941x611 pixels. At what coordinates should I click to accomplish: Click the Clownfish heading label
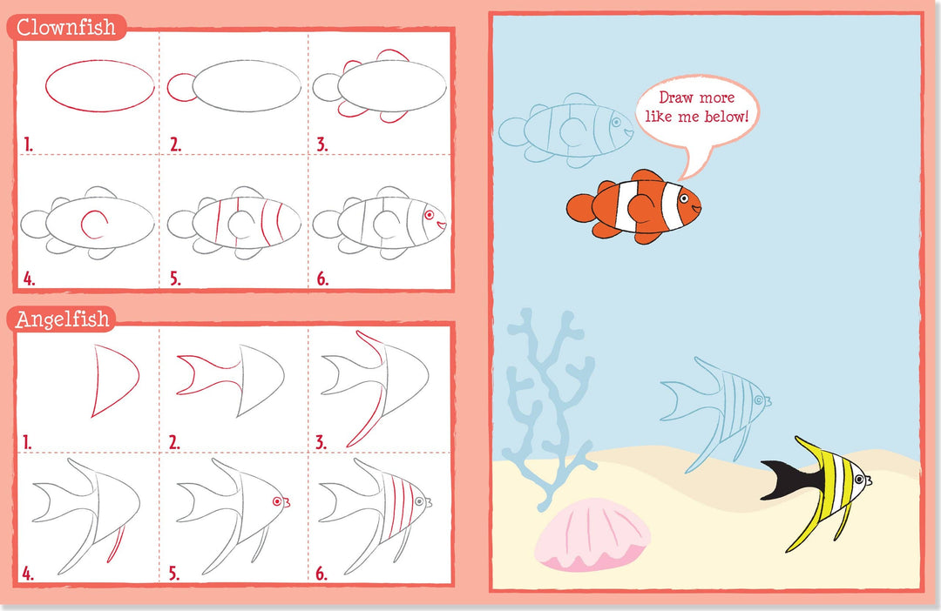[x=66, y=27]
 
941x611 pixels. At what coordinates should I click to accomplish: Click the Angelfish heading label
[x=63, y=319]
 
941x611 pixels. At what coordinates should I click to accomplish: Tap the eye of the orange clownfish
[x=684, y=198]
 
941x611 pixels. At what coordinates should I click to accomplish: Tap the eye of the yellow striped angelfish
[x=859, y=480]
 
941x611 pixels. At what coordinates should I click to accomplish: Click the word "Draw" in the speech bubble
[x=673, y=97]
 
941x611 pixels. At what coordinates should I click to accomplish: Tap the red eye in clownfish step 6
[x=429, y=215]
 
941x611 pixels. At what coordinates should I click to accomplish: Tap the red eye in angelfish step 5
[x=277, y=501]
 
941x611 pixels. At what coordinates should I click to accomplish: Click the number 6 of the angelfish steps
[x=322, y=574]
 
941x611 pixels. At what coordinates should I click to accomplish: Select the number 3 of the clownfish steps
[x=322, y=144]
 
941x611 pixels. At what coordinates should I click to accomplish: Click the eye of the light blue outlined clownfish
[x=616, y=123]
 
